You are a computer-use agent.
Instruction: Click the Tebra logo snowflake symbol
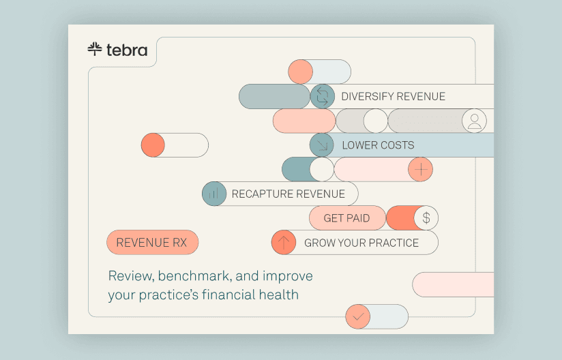95,49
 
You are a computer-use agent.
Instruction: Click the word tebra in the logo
127,50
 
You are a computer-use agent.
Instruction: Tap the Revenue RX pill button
152,243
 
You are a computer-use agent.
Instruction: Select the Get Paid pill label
347,217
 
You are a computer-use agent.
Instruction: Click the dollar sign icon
426,217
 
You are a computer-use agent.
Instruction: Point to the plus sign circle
420,170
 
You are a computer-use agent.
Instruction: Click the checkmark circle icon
357,316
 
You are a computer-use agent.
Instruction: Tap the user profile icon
474,121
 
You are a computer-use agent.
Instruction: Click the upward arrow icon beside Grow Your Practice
284,243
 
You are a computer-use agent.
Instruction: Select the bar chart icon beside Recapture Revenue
214,194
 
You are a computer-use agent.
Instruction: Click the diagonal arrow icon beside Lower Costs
322,145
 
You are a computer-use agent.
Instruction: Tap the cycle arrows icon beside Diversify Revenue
322,96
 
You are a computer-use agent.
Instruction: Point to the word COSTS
397,145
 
